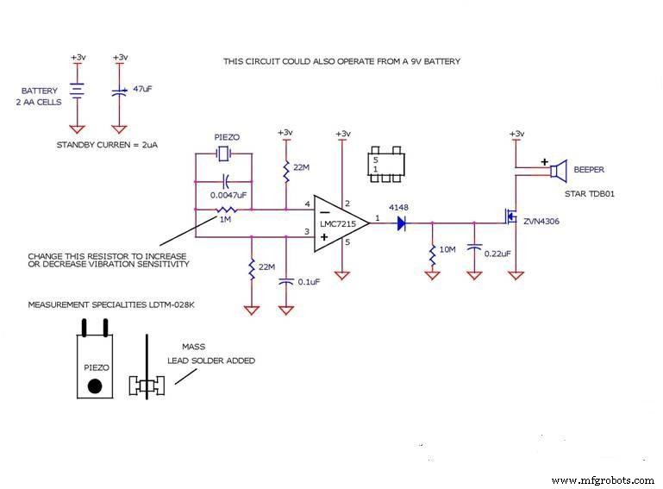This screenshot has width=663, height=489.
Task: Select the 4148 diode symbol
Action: point(403,223)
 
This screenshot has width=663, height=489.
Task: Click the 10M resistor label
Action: point(447,249)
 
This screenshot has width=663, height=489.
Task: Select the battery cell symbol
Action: point(78,89)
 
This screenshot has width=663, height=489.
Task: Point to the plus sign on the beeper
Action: point(544,161)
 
